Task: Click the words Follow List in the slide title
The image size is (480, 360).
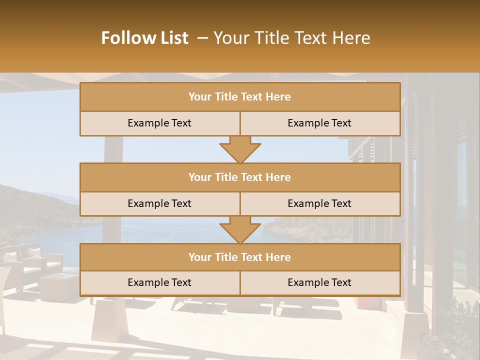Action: coord(145,38)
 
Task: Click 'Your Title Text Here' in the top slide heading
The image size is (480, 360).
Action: coord(292,38)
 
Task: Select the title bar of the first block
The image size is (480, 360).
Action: coord(240,97)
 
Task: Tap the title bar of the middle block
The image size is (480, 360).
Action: coord(240,177)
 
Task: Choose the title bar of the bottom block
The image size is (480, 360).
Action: coord(240,257)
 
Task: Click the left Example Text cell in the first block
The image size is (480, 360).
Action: coord(159,123)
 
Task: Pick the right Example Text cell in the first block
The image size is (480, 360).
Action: coord(320,123)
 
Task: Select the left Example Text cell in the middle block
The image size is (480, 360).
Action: coord(159,203)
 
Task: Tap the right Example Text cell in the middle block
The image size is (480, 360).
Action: coord(320,203)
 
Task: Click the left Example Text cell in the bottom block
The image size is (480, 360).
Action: coord(159,282)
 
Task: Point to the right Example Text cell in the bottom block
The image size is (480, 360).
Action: coord(320,282)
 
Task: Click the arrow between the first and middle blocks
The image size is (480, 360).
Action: coord(240,149)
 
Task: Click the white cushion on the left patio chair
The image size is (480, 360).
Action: coord(35,253)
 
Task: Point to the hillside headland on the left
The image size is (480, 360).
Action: coord(30,205)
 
